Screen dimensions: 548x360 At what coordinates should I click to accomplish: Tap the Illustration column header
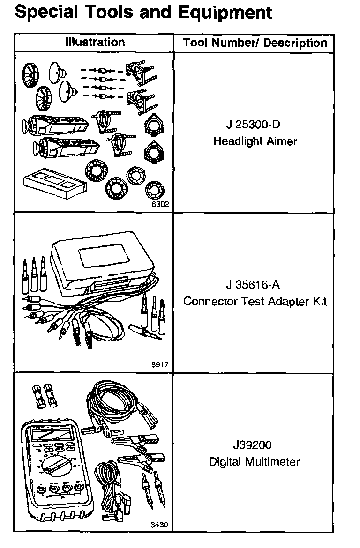pos(95,42)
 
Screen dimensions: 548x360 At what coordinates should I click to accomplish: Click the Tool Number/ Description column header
pos(255,43)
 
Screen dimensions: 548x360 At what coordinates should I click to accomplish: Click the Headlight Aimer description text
pos(255,141)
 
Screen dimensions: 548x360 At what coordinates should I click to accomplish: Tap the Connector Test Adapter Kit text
pos(255,301)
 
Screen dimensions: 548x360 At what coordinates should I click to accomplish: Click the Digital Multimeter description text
pos(254,462)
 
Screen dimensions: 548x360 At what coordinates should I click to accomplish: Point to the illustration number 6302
pos(159,204)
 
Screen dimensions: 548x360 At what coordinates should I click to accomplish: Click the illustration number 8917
pos(159,364)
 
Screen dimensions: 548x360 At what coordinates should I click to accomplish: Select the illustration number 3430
pos(159,525)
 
